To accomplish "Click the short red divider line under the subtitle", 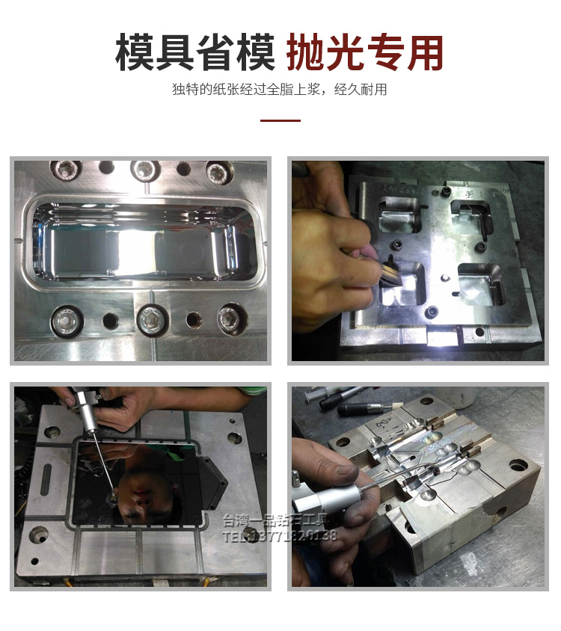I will (280, 120).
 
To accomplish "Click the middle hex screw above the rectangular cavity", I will (144, 171).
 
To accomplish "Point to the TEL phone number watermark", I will (280, 535).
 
